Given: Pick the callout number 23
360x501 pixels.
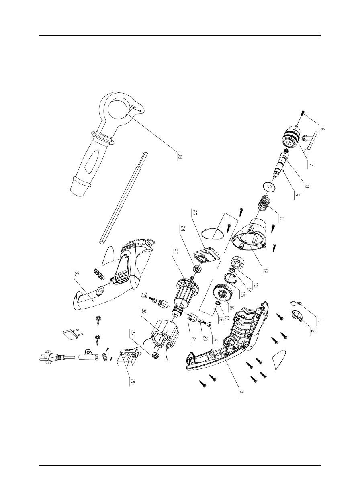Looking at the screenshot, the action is pos(194,212).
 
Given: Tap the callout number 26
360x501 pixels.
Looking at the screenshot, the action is pos(143,311).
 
